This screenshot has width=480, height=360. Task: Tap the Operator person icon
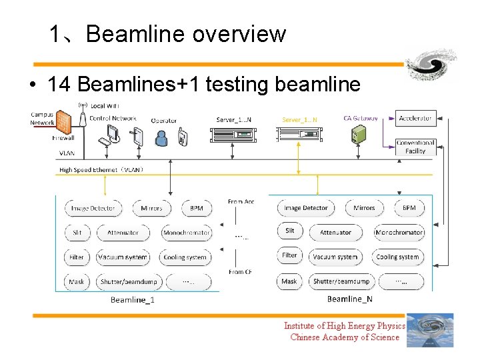click(161, 137)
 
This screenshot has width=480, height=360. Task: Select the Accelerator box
click(415, 118)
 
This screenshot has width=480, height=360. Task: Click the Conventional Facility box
click(415, 147)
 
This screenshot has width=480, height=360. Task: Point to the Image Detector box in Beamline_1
click(93, 209)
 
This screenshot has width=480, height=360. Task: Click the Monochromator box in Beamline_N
click(399, 233)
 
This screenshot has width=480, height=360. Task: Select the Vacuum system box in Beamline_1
click(123, 257)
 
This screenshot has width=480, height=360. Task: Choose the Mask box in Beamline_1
click(77, 282)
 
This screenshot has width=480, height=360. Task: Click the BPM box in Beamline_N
click(409, 208)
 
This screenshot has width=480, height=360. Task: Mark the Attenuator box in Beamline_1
click(123, 233)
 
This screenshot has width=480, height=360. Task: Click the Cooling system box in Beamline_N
click(398, 257)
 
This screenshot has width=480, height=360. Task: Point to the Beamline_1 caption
click(133, 300)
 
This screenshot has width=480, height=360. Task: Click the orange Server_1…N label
click(299, 120)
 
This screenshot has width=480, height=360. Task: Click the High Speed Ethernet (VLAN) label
click(101, 170)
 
